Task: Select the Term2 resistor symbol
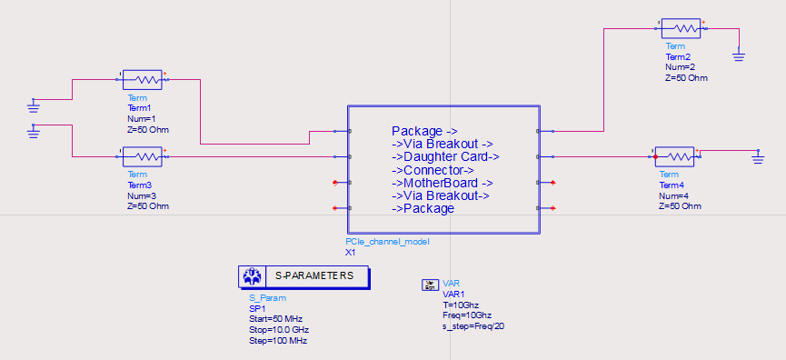pos(682,29)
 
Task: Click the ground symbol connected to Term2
pos(739,56)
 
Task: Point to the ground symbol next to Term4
pos(758,160)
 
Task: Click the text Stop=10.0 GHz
pos(278,329)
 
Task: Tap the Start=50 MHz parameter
pos(274,318)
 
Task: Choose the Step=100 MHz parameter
pos(278,340)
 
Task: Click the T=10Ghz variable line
pos(462,305)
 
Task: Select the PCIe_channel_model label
pos(387,242)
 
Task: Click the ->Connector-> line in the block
pos(433,170)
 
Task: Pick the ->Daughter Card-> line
pos(445,156)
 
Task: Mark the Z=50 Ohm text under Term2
pos(686,78)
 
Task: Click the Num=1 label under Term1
pos(142,118)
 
